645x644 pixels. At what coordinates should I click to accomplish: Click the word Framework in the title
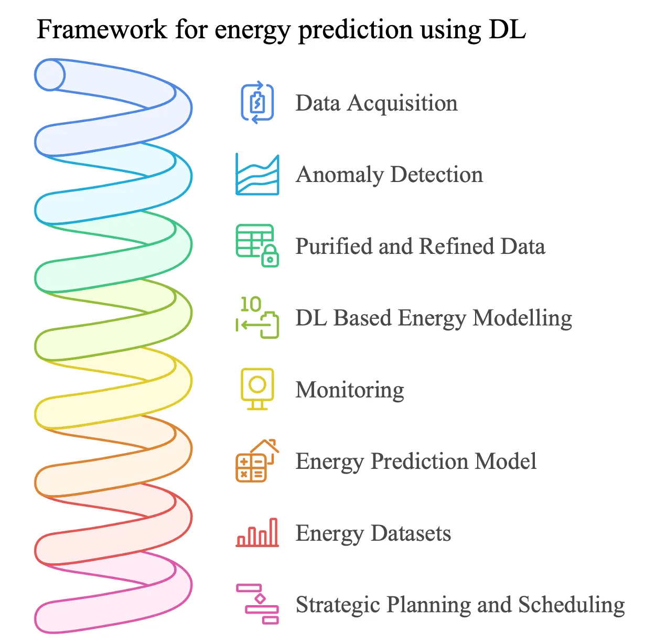coord(102,29)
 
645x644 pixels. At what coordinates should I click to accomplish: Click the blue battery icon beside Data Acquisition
coord(257,102)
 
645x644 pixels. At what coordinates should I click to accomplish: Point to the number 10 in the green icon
coord(251,304)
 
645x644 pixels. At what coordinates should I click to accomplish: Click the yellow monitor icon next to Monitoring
coord(257,389)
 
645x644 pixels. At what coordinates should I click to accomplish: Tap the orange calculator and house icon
coord(257,460)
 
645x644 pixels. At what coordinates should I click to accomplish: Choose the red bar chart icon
coord(257,532)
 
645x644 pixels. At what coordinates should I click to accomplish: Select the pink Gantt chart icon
coord(257,604)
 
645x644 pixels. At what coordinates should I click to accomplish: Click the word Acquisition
coord(402,103)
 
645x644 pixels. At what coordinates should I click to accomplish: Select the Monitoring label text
coord(350,390)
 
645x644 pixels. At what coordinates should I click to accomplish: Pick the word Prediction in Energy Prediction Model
coord(420,461)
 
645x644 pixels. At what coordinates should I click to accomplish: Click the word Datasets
coord(411,533)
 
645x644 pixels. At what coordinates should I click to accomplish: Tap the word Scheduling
coord(572,605)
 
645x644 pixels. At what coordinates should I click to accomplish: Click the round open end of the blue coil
coord(50,74)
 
